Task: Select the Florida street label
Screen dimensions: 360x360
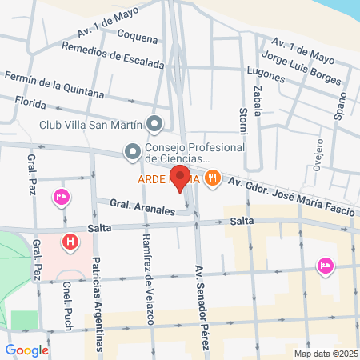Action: [30, 102]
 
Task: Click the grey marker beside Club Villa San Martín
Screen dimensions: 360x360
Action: [155, 124]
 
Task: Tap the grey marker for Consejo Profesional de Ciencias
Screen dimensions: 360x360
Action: [132, 150]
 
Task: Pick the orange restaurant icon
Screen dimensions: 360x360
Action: [212, 178]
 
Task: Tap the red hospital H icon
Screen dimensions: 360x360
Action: [70, 240]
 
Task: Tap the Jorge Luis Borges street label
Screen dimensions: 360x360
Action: [301, 70]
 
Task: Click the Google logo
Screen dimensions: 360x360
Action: [27, 350]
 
